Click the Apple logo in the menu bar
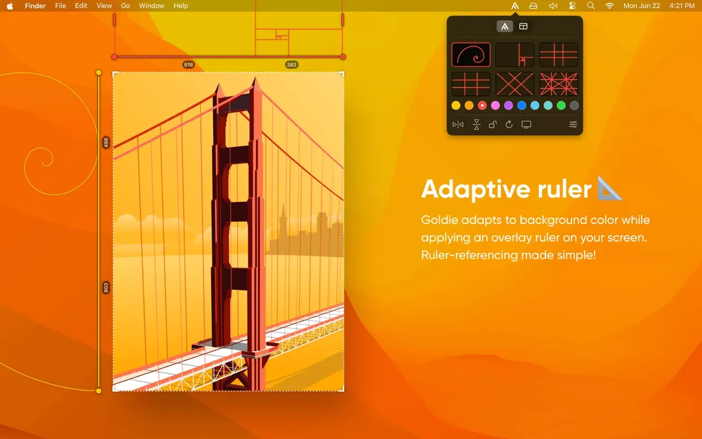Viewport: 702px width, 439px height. click(10, 6)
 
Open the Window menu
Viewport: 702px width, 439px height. click(151, 6)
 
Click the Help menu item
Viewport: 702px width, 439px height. click(181, 6)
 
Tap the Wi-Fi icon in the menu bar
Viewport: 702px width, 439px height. click(609, 6)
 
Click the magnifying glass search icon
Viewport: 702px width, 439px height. click(591, 6)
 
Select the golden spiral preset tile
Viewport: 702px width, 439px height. click(471, 55)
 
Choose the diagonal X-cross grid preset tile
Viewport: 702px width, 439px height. click(515, 84)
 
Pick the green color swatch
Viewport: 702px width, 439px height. click(561, 106)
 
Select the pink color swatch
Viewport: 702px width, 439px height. click(495, 106)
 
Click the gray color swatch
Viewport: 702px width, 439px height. click(574, 106)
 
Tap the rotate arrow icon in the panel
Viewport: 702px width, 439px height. click(509, 124)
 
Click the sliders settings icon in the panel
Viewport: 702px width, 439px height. click(573, 124)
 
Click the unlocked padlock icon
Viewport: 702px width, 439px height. click(492, 124)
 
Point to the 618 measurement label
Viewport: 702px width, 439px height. click(188, 65)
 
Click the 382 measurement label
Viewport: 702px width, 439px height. click(291, 65)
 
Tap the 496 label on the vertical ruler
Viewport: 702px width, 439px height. click(106, 143)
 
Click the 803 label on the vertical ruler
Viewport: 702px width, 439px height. click(106, 287)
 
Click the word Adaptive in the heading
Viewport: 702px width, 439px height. click(475, 189)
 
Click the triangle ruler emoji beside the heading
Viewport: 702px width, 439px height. click(609, 188)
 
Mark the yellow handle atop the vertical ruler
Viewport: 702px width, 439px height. click(99, 73)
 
